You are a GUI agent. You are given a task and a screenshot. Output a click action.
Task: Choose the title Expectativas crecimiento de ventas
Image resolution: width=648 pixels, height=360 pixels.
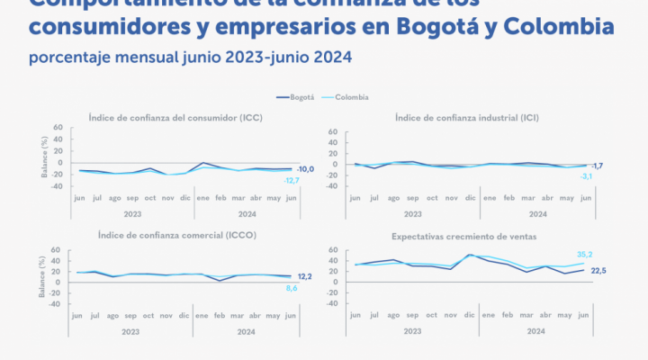click(460, 236)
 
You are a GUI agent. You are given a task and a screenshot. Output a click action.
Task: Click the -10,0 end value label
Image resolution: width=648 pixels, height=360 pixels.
click(306, 168)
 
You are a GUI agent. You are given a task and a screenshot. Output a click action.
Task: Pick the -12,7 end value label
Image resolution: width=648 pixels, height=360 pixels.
click(292, 181)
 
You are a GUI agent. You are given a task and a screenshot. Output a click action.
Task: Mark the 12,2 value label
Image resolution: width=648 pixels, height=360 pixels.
click(307, 275)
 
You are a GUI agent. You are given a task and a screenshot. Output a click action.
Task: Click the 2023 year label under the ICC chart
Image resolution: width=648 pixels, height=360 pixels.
click(133, 214)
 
